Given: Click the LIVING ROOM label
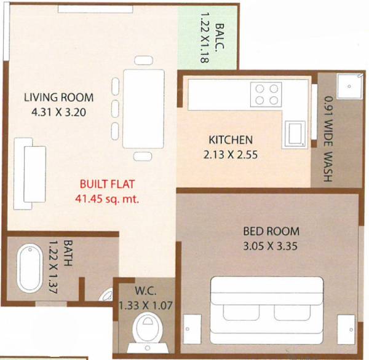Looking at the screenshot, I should click(58, 97).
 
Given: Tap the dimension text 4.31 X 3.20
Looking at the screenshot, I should click(58, 112).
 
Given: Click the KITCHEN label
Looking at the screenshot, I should click(230, 139).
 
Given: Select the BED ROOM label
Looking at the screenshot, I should click(271, 232).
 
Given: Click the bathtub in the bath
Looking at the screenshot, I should click(28, 268).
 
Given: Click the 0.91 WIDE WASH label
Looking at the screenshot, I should click(328, 139).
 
